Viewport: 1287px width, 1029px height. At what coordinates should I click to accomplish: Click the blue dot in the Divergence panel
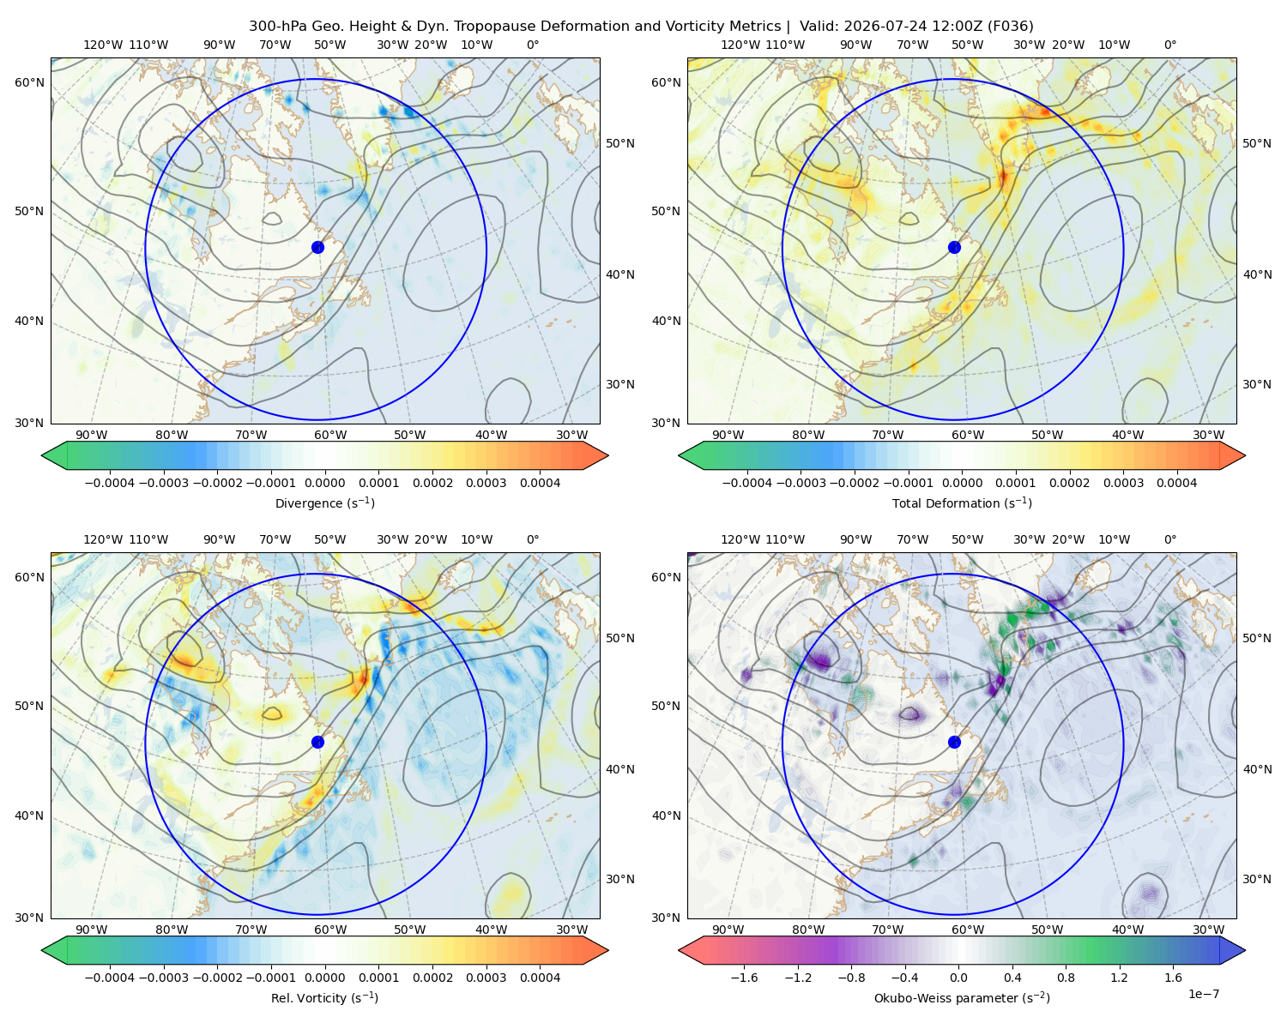[x=317, y=247]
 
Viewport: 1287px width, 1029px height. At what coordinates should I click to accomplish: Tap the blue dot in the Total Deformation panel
[x=954, y=247]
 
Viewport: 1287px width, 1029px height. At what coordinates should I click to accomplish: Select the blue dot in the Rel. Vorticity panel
[x=317, y=742]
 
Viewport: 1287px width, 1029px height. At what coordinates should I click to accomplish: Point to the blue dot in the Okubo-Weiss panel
[x=954, y=742]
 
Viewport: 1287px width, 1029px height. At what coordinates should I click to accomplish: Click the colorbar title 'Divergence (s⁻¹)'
[x=324, y=502]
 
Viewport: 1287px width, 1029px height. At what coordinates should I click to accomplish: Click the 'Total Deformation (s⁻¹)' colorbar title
[x=962, y=502]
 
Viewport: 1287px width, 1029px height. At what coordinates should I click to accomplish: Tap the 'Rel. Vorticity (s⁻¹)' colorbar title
[x=324, y=997]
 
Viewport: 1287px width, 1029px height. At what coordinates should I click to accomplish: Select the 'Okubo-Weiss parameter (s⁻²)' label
[x=962, y=997]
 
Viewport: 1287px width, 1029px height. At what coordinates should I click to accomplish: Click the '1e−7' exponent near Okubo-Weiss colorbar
[x=1203, y=994]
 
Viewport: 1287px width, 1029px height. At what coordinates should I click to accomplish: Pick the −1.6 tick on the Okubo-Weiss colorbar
[x=744, y=977]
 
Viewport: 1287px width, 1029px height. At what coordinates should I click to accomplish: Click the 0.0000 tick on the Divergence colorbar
[x=324, y=483]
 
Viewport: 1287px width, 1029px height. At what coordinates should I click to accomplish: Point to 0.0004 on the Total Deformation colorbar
[x=1176, y=483]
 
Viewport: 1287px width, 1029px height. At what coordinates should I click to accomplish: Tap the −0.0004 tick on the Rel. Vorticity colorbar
[x=110, y=977]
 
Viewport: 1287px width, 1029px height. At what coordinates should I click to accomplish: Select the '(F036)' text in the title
[x=1011, y=27]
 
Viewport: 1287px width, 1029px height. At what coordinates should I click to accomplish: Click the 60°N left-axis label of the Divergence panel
[x=29, y=82]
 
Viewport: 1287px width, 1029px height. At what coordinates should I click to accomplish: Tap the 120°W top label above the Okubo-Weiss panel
[x=740, y=539]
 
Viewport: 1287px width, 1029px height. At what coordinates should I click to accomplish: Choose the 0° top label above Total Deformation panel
[x=1169, y=45]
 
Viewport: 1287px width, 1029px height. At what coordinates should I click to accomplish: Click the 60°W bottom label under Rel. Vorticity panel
[x=330, y=930]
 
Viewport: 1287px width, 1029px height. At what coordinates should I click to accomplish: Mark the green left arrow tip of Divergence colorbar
[x=42, y=455]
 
